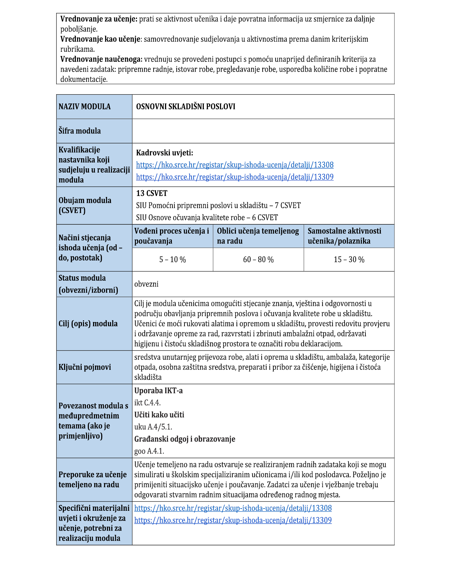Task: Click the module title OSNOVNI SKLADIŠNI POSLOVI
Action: (x=185, y=107)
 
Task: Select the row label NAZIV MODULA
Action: (x=85, y=107)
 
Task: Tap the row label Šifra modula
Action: (x=80, y=131)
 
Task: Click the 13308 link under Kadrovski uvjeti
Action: (x=235, y=165)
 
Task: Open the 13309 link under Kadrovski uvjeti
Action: (x=235, y=177)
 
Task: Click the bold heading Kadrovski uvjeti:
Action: (x=164, y=153)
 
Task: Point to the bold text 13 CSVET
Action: (x=152, y=193)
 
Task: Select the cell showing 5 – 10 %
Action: (x=172, y=259)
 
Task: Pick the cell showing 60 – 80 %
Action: (x=258, y=259)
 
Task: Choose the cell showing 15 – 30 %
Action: (x=349, y=259)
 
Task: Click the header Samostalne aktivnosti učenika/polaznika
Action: (x=344, y=236)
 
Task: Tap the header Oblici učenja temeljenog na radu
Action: (x=258, y=236)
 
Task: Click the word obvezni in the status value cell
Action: (x=146, y=284)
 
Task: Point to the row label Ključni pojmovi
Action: (x=85, y=367)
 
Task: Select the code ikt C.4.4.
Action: (x=147, y=403)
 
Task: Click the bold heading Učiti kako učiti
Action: (x=159, y=415)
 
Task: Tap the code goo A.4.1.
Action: (x=149, y=451)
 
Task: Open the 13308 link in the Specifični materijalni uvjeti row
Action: (x=233, y=508)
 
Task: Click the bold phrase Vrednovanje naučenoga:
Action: (x=101, y=59)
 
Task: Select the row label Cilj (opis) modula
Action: (x=88, y=324)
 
